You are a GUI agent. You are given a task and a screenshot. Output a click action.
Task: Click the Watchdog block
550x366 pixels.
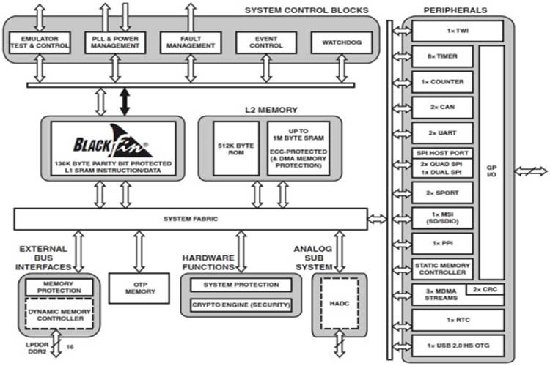(341, 42)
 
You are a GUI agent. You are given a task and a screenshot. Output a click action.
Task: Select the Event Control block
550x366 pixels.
(265, 42)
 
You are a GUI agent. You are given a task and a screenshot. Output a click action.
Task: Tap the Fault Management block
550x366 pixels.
(190, 42)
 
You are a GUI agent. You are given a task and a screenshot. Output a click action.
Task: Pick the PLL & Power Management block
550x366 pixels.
(115, 42)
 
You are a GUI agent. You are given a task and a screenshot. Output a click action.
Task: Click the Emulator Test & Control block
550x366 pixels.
(40, 42)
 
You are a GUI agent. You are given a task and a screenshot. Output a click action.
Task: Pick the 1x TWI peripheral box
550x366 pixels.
(458, 31)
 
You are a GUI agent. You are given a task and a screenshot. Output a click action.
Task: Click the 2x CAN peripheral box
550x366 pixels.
(444, 107)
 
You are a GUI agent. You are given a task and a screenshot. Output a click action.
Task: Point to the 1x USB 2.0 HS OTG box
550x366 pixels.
(458, 345)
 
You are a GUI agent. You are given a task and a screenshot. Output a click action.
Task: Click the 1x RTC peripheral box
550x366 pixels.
(458, 320)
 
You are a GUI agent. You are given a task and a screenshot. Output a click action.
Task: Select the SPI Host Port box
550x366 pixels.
(444, 152)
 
